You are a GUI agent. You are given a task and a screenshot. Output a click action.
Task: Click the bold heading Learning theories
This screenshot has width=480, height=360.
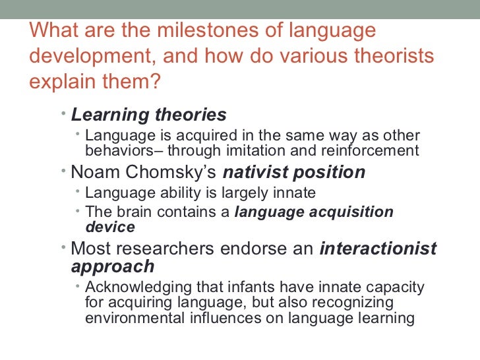tap(148, 115)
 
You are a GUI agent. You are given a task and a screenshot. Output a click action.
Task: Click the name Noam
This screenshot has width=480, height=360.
tap(92, 173)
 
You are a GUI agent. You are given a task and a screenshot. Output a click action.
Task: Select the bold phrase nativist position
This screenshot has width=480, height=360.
tap(293, 173)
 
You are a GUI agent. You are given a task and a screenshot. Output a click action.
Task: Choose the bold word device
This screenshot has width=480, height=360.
tap(110, 227)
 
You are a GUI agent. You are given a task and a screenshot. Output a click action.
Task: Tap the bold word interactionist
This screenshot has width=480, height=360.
tap(378, 249)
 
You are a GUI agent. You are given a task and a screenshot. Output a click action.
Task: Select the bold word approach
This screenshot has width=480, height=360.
tap(112, 266)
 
